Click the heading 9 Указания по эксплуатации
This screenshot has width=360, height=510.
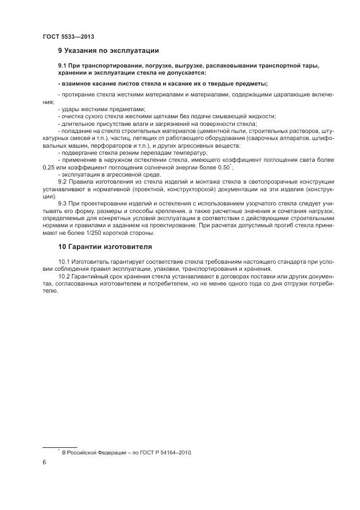point(108,51)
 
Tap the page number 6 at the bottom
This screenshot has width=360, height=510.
point(44,462)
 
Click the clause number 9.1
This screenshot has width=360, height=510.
point(62,65)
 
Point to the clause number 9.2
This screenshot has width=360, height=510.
point(62,181)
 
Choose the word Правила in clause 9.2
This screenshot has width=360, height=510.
point(81,181)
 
